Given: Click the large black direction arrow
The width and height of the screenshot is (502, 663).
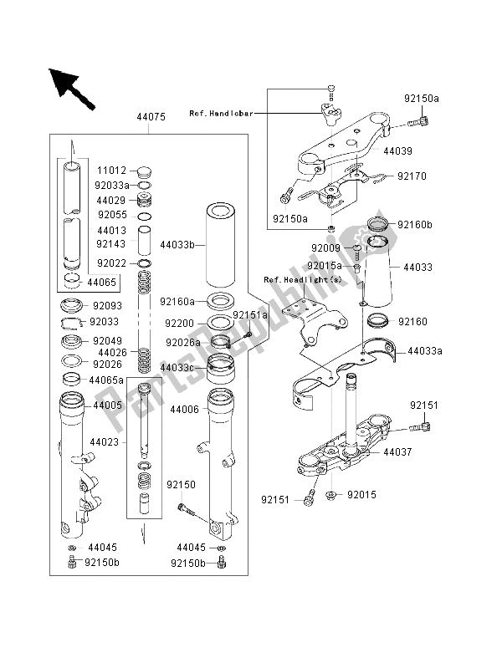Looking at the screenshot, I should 72,86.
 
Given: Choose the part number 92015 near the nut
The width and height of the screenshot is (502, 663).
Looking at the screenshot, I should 361,495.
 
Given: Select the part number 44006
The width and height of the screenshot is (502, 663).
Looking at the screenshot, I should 185,410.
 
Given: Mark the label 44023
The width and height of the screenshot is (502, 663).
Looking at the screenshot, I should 105,441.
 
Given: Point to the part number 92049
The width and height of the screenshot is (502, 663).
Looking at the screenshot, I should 106,341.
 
